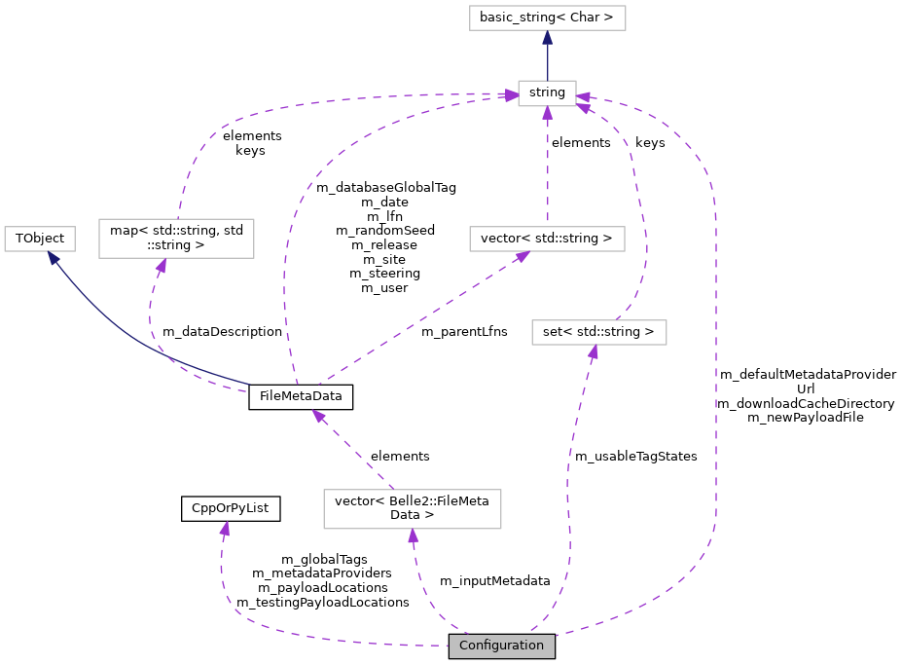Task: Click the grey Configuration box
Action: point(501,646)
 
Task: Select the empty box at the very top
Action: point(547,18)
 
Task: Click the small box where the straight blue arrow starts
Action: point(547,93)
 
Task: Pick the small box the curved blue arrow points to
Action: point(40,239)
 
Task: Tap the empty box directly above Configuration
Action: point(412,509)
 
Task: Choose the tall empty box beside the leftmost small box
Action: point(176,239)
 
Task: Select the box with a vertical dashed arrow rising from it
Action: point(547,239)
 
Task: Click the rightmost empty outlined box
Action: point(598,332)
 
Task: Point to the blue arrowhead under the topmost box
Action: point(547,38)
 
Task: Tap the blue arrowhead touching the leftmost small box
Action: point(54,258)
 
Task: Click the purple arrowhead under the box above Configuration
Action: point(414,536)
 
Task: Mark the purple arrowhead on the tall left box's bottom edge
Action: point(162,265)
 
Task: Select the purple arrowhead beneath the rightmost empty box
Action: point(594,352)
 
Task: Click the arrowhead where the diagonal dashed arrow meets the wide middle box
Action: point(523,256)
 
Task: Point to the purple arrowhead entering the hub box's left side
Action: point(511,95)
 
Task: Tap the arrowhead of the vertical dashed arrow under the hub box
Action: point(547,113)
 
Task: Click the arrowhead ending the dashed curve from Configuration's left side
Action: point(225,529)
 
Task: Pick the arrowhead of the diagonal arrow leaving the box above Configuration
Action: point(318,416)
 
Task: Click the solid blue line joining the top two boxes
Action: point(547,60)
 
